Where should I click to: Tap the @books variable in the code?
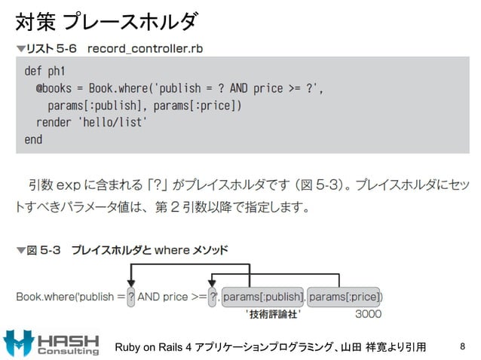point(54,88)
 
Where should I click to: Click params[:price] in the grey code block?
point(204,105)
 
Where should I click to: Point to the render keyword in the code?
point(54,122)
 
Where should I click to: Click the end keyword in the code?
point(33,139)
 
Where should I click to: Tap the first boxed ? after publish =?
point(132,296)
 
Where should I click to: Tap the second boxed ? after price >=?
point(213,296)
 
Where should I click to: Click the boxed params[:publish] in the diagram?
point(263,296)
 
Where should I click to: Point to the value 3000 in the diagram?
point(368,313)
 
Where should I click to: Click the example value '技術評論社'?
point(274,313)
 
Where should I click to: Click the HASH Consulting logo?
point(52,342)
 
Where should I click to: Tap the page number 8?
point(463,346)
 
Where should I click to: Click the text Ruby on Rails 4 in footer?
point(154,347)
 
